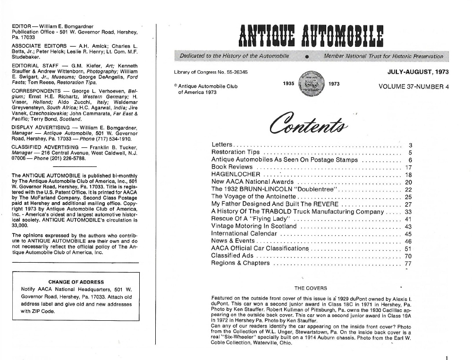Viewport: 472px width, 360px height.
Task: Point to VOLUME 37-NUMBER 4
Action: [413, 87]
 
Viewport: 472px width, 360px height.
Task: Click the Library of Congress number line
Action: [211, 71]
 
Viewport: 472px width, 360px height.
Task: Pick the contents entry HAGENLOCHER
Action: [236, 174]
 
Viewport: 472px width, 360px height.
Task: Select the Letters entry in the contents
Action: [222, 145]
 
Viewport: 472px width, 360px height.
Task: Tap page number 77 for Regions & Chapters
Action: [409, 264]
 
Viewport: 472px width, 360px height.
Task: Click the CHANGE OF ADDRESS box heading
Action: [76, 282]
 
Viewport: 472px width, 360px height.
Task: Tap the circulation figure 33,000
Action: [20, 226]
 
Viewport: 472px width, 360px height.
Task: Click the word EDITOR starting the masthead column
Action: [22, 26]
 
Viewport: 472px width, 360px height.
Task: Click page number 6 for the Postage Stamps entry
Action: [410, 160]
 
